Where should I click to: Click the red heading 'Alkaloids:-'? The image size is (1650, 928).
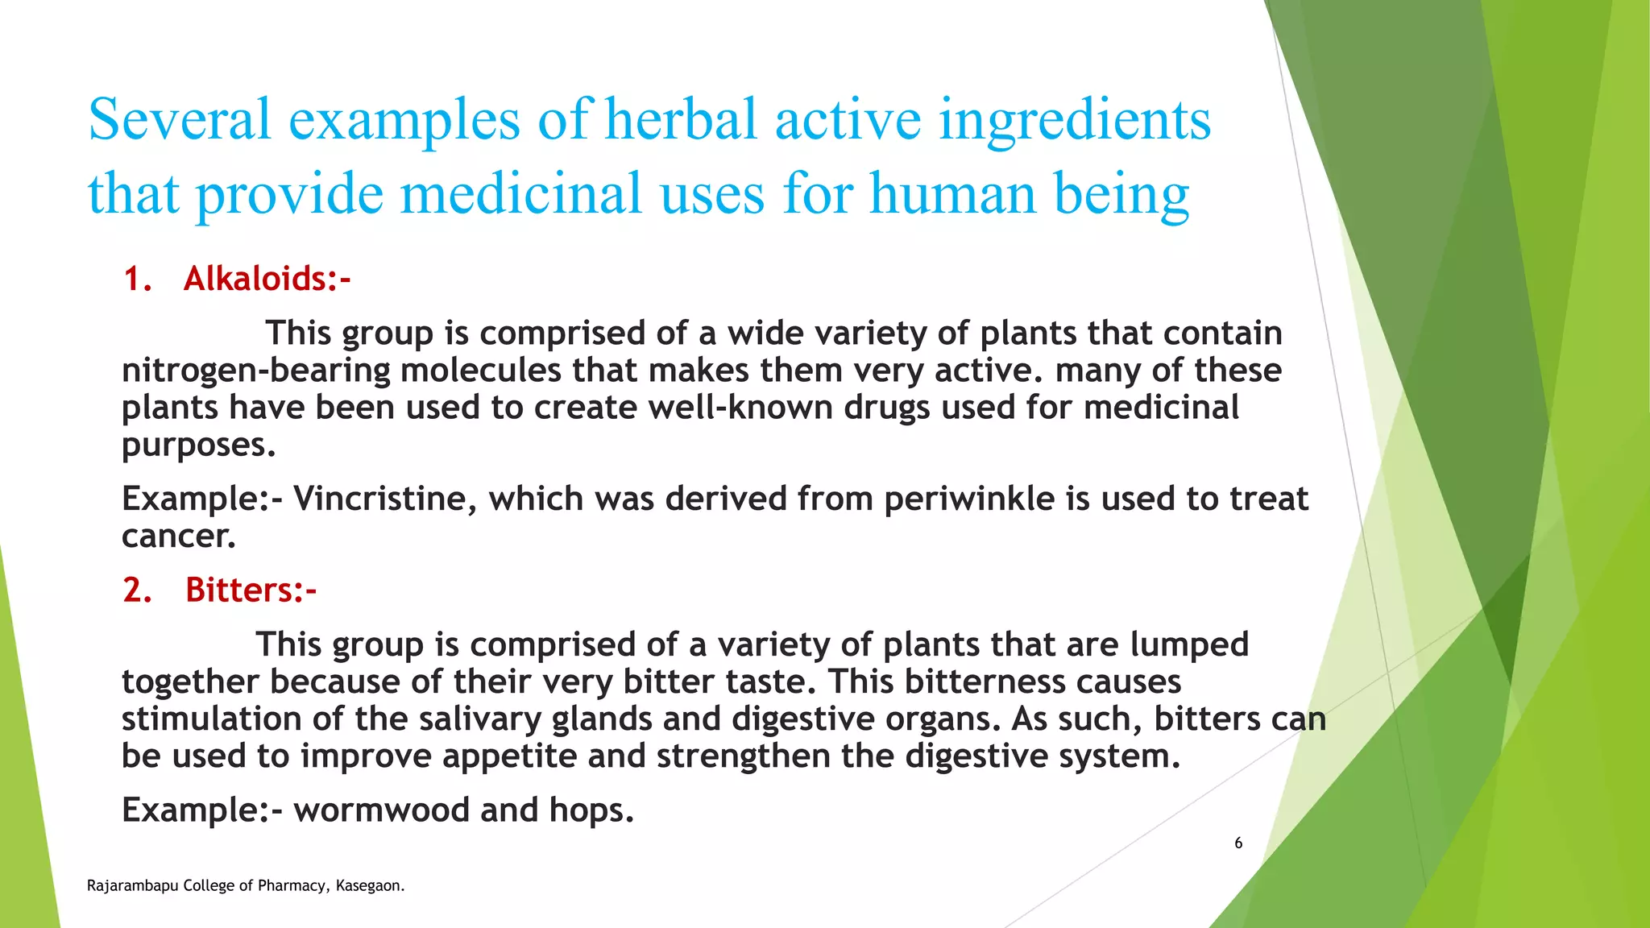[267, 279]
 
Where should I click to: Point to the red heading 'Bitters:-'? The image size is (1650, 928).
[251, 590]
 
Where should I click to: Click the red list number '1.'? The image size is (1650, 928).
[138, 279]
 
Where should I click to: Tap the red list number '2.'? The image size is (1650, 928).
[138, 590]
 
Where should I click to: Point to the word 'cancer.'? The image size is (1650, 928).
[179, 536]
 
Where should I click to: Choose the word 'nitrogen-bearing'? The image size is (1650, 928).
[255, 371]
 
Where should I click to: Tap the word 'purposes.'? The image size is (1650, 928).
[198, 445]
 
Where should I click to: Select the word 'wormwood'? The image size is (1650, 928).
[381, 810]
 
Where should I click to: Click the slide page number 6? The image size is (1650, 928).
[1238, 843]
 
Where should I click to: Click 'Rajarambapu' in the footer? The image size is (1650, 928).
[132, 886]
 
